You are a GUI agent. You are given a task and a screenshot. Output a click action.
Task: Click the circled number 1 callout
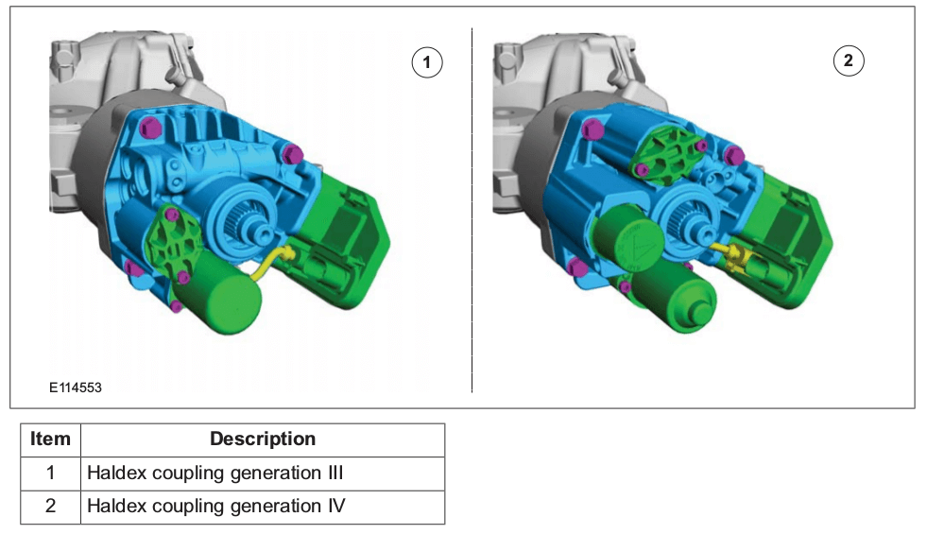[427, 62]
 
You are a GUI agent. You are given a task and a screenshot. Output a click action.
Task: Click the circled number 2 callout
[849, 60]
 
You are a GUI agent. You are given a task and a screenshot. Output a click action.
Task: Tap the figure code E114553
[75, 388]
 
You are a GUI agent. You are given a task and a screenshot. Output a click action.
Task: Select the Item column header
[50, 439]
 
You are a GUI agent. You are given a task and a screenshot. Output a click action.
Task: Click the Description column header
[263, 439]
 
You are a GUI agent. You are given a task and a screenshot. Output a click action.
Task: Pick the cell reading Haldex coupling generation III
[215, 474]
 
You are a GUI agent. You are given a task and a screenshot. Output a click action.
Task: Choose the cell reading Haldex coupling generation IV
[216, 507]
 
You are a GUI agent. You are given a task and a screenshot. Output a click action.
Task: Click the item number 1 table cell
[50, 474]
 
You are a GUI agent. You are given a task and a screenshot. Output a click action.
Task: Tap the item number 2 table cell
[50, 507]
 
